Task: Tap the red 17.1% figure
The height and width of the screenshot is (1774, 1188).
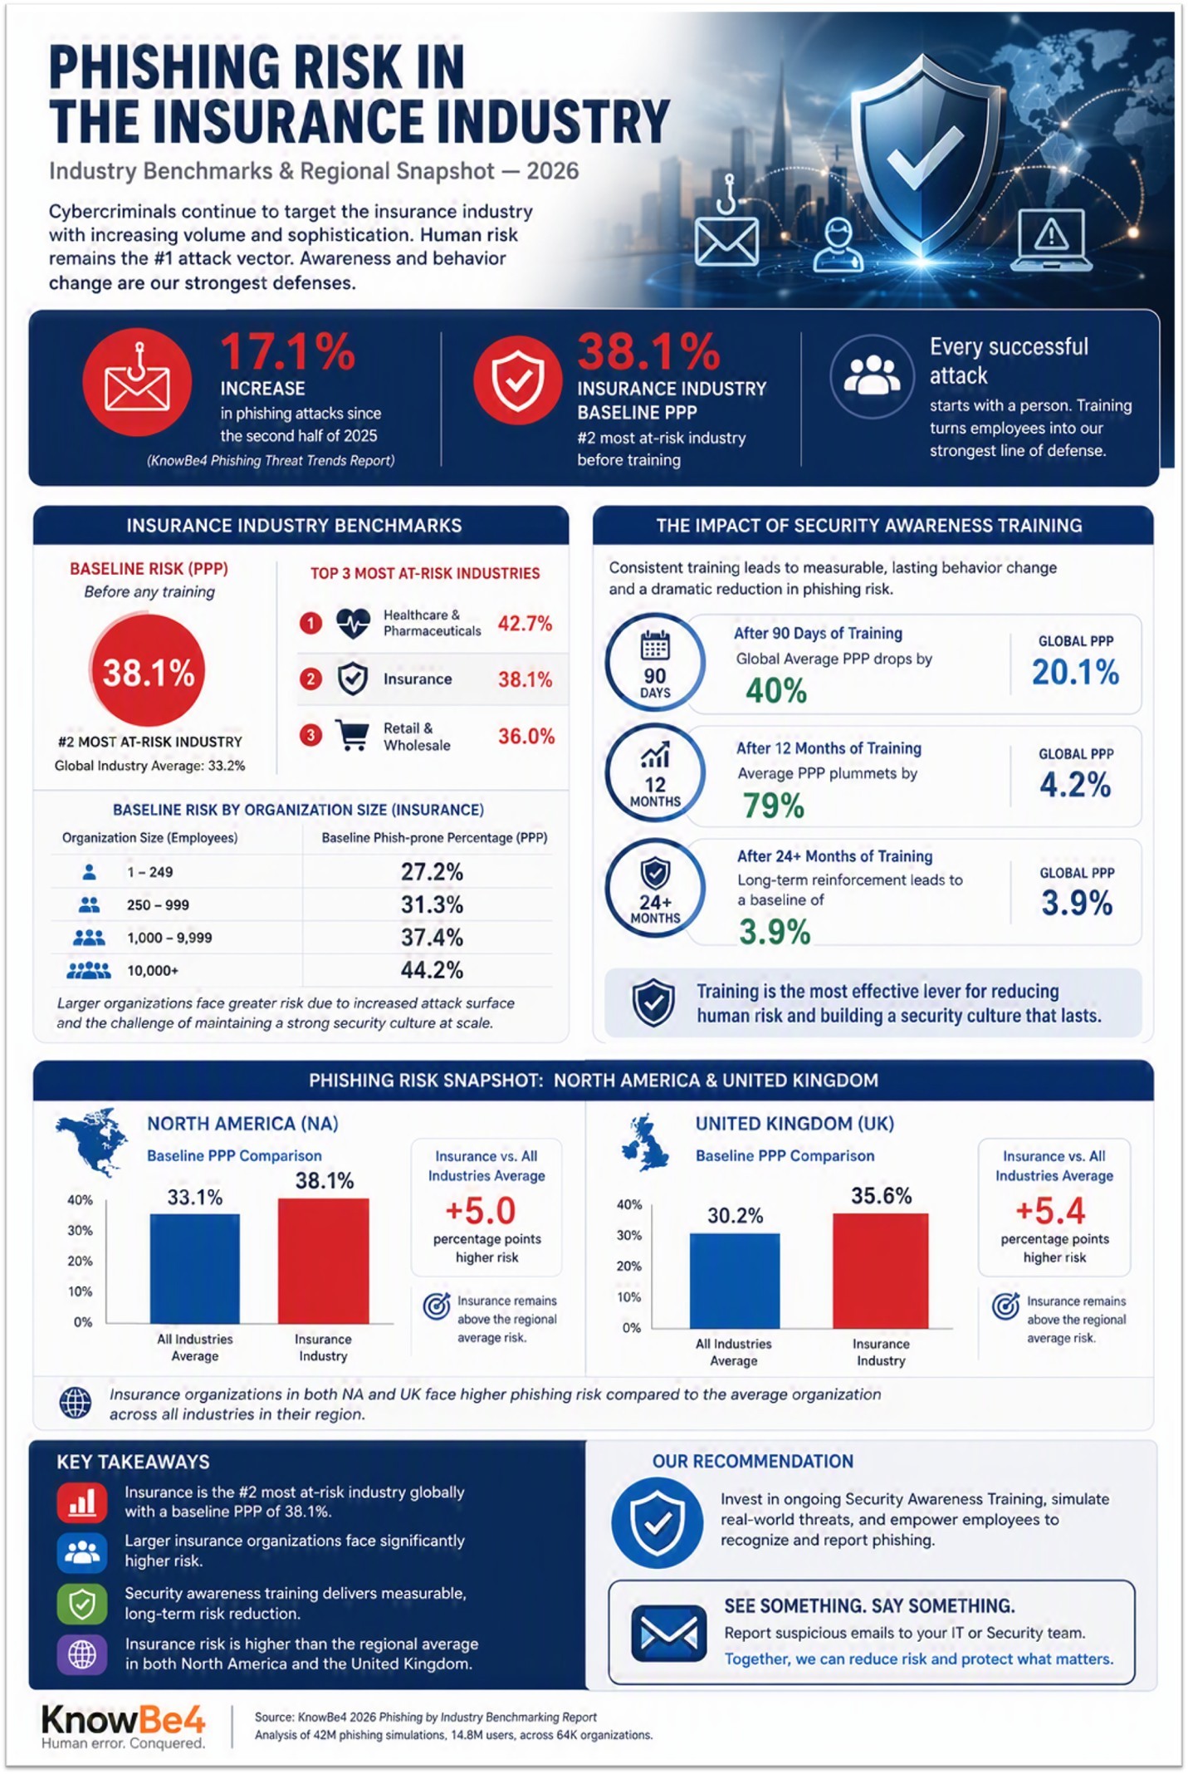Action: pos(288,351)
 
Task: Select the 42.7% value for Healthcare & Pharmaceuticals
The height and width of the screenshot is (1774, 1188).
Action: pos(525,623)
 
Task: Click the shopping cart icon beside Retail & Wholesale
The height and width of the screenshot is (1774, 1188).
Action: pos(352,735)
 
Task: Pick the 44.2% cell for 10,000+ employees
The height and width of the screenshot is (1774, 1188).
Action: pos(432,970)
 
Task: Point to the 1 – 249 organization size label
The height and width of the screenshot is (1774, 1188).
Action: pos(150,872)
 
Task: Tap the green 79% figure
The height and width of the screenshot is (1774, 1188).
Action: pos(774,806)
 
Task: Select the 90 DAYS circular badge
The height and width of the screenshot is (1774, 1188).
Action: pos(655,662)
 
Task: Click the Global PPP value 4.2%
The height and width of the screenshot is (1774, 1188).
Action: pos(1075,785)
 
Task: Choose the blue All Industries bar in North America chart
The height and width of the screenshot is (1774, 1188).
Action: pos(195,1268)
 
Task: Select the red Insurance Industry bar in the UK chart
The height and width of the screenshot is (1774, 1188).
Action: pos(881,1271)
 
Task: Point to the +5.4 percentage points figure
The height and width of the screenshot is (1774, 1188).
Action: pos(1050,1211)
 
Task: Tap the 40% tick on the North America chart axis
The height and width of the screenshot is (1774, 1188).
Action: pos(80,1200)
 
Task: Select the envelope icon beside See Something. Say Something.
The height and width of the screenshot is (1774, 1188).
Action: pos(669,1634)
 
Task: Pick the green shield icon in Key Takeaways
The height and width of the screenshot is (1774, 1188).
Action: pos(81,1603)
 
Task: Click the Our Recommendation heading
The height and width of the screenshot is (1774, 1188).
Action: pos(752,1461)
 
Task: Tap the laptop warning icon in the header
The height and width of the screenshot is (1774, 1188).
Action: pos(1050,240)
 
